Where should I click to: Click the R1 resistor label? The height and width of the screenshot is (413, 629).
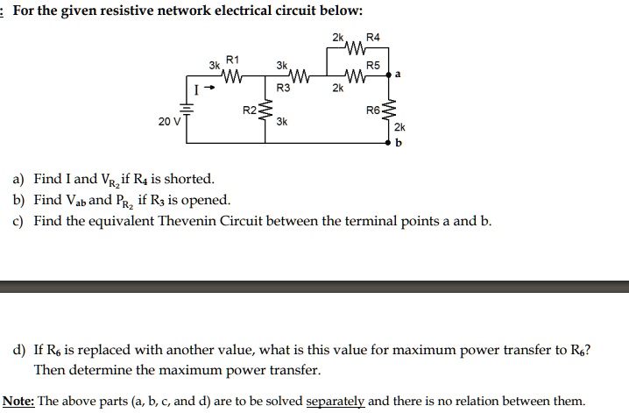[233, 60]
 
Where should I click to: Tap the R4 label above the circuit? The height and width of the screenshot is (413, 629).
[373, 38]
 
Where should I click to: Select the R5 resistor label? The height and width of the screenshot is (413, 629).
[373, 65]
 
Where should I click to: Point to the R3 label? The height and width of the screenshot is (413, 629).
[283, 88]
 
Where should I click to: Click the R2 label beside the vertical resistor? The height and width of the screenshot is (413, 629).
[250, 110]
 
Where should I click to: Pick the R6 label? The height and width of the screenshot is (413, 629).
[373, 110]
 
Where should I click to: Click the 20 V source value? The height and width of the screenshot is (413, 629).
[170, 121]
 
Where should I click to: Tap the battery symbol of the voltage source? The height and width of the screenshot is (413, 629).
[186, 109]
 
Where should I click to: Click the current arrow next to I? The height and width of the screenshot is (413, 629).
[210, 87]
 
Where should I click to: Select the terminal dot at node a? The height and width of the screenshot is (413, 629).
[388, 75]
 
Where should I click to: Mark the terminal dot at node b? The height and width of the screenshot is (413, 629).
[388, 142]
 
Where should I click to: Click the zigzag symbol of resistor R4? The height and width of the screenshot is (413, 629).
[356, 47]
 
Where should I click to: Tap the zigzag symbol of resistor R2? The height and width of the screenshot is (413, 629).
[265, 110]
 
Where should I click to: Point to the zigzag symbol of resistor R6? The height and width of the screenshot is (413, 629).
[388, 110]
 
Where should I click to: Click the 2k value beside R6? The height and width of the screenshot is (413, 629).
[399, 127]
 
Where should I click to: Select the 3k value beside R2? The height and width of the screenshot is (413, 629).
[282, 121]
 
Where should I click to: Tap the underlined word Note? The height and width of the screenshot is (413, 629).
[18, 401]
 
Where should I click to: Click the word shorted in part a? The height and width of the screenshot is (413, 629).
[189, 179]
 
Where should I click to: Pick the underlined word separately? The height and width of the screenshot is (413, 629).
[336, 402]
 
